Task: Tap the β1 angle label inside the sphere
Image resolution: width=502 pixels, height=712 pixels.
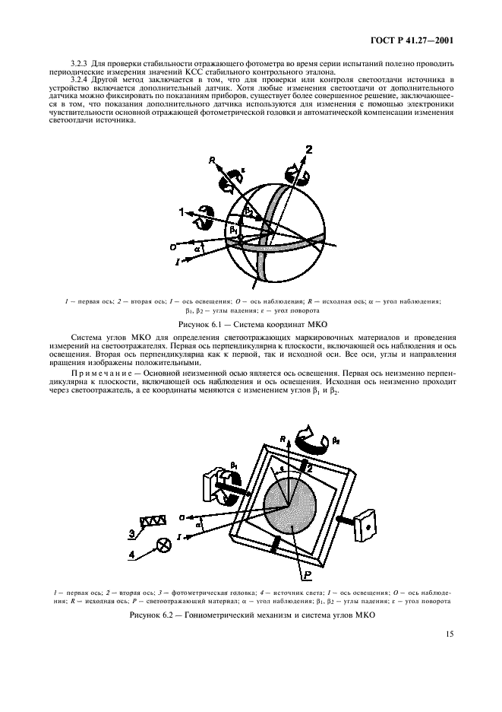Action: pyautogui.click(x=233, y=228)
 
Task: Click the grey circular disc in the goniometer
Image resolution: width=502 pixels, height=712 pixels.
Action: pyautogui.click(x=291, y=509)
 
